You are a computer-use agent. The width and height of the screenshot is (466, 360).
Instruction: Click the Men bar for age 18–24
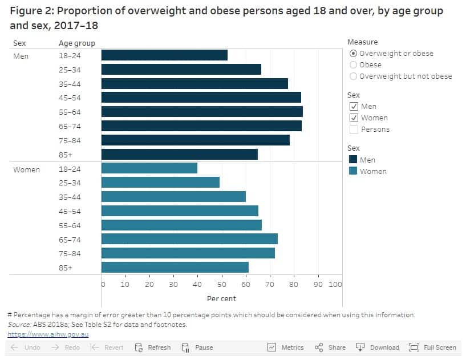(164, 55)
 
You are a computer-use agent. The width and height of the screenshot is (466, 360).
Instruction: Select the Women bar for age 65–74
(189, 239)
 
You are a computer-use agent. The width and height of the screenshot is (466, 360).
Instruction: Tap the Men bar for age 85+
(179, 154)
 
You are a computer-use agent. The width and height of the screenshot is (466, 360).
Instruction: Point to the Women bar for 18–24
(149, 168)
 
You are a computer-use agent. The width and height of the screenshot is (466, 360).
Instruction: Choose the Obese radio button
(354, 65)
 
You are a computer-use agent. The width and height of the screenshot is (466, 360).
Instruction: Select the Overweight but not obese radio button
(354, 76)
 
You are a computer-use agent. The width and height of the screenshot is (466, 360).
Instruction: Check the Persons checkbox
(354, 130)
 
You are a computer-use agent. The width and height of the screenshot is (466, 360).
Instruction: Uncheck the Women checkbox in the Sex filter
(354, 118)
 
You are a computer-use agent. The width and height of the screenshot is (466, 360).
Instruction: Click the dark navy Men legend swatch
(353, 160)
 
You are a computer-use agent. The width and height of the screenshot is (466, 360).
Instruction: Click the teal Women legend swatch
(353, 171)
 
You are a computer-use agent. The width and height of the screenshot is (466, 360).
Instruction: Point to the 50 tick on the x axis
(221, 284)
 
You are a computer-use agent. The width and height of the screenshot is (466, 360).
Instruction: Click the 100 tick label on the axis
(335, 284)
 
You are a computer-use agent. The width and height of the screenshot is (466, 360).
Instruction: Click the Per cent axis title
(221, 298)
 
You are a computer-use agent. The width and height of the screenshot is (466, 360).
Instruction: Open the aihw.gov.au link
(48, 334)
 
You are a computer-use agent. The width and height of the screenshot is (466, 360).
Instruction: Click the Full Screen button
(433, 347)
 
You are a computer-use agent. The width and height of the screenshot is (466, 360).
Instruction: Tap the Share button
(330, 347)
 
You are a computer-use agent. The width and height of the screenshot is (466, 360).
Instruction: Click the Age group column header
(77, 43)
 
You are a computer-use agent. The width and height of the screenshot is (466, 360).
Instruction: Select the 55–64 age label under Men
(70, 112)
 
